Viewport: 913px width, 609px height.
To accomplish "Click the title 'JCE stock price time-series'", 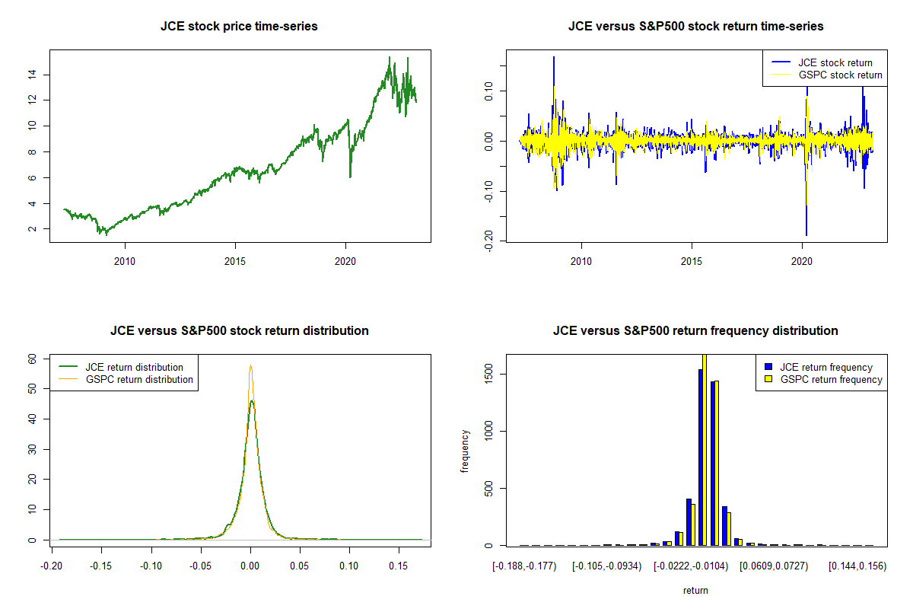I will (x=239, y=27).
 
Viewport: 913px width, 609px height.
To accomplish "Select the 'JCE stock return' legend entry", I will (x=835, y=62).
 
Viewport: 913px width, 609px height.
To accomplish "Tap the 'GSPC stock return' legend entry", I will (x=840, y=75).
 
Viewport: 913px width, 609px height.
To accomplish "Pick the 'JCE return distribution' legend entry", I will (x=134, y=367).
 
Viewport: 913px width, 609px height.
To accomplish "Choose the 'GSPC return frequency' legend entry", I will (x=832, y=379).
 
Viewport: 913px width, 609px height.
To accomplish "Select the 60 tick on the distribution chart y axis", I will (x=31, y=358).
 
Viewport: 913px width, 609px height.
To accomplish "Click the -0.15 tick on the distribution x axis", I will (x=101, y=566).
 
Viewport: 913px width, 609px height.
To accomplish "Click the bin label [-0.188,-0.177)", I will (x=525, y=566).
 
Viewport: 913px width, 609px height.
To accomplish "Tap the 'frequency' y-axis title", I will (x=466, y=450).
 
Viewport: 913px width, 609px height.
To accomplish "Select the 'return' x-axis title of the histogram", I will (x=695, y=590).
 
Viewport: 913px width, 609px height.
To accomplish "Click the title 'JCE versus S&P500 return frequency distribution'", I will (x=695, y=331).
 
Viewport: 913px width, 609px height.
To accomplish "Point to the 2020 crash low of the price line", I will (x=350, y=177).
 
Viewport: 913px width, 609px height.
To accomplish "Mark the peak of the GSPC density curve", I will (x=250, y=366).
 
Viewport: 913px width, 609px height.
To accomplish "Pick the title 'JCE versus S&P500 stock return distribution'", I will (x=239, y=331).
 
